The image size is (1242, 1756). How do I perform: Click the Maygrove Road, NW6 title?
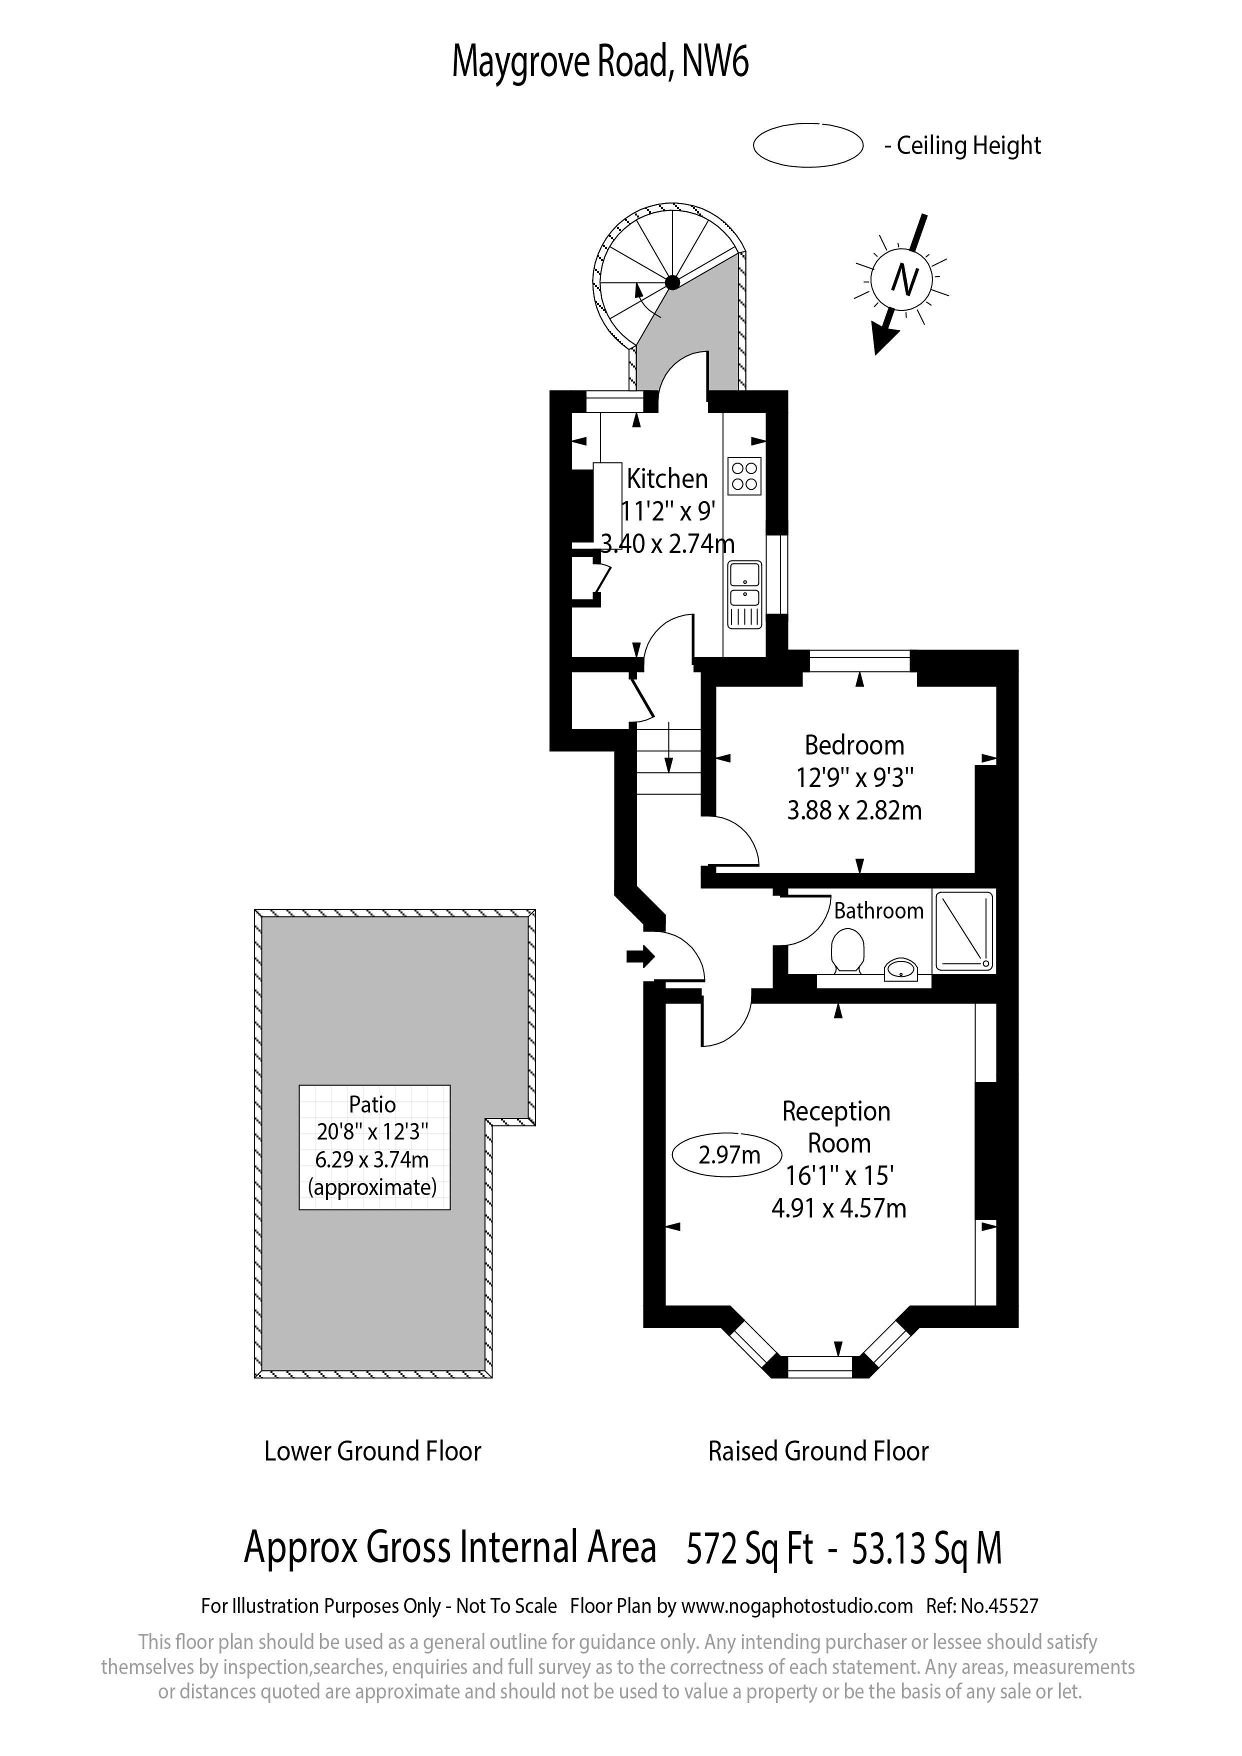pos(600,62)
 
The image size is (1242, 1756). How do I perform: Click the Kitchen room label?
pos(667,479)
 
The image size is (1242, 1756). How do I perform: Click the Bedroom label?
pos(854,745)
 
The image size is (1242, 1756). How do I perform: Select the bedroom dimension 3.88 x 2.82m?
pos(854,810)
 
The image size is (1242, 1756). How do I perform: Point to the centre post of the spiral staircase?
pos(672,283)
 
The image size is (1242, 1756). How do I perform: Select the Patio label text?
pos(372,1104)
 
